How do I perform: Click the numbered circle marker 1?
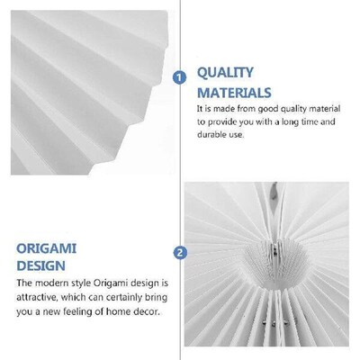[179, 77]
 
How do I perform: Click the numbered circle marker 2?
[179, 252]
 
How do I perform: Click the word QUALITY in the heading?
[225, 72]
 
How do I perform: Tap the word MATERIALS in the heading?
[234, 92]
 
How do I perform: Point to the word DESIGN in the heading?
[40, 266]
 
